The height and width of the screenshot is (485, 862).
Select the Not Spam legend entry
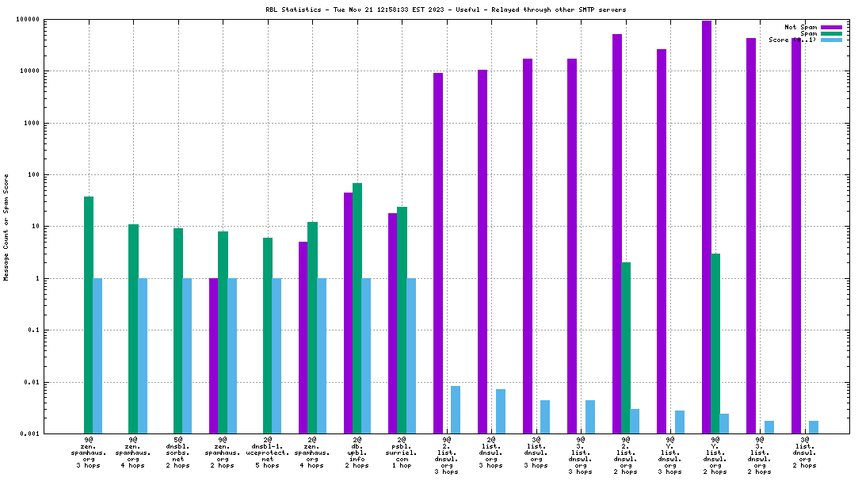click(801, 27)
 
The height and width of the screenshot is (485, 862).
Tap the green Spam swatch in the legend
click(831, 33)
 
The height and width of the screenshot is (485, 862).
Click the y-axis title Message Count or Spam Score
click(6, 227)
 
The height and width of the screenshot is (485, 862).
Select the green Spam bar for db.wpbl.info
click(357, 308)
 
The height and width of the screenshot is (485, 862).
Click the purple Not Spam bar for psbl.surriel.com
click(393, 323)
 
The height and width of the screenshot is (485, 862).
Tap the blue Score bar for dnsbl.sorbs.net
click(187, 356)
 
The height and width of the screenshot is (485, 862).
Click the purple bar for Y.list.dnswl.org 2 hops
click(707, 227)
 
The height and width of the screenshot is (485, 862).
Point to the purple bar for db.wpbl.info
click(349, 313)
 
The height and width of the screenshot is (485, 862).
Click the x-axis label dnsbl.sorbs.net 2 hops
click(178, 452)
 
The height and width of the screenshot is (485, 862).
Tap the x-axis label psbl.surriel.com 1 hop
click(402, 452)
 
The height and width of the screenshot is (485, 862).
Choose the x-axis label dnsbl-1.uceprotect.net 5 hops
click(268, 452)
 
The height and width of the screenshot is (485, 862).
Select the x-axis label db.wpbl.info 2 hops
click(357, 452)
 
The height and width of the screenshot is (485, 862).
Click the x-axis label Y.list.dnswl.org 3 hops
click(670, 455)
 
